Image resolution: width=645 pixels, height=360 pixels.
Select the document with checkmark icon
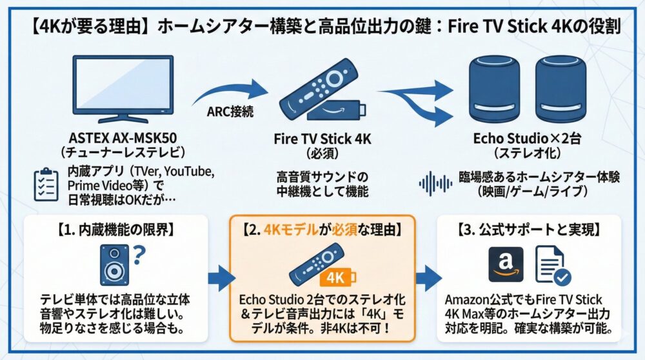tap(553, 266)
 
